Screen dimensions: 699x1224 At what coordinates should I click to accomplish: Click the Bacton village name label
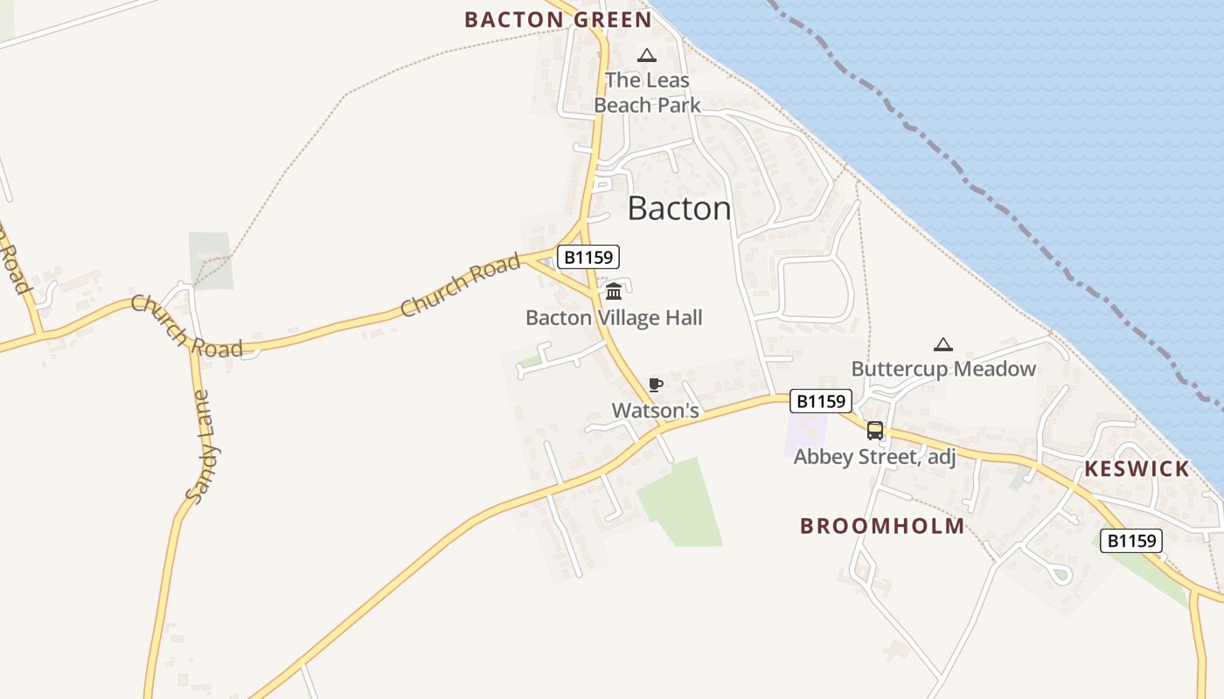point(679,209)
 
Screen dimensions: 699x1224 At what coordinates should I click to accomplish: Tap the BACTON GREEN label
point(558,19)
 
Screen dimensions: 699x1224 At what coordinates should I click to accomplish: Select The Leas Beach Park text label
point(647,93)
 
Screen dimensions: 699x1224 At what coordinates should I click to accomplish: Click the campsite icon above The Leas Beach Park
point(647,56)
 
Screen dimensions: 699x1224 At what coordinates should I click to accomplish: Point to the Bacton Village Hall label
point(614,318)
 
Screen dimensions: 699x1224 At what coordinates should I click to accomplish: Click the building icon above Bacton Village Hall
point(614,291)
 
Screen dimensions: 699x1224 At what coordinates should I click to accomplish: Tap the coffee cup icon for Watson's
point(656,384)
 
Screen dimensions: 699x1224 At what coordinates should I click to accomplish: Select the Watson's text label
point(656,410)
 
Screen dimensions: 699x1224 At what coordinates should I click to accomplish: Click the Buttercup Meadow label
point(943,369)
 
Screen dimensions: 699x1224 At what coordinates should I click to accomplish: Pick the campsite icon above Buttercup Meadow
point(942,344)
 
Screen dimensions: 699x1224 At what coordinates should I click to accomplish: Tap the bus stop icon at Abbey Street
point(874,430)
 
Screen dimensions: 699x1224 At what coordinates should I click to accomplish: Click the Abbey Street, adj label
point(874,456)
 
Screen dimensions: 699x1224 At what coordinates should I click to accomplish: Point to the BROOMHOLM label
point(883,526)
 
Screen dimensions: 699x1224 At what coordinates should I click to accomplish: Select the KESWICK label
point(1137,469)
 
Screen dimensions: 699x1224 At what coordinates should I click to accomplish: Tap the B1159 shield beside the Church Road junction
point(588,257)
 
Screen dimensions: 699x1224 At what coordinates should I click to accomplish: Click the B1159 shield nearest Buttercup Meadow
point(820,401)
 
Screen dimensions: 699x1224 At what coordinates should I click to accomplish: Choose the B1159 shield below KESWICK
point(1131,541)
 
